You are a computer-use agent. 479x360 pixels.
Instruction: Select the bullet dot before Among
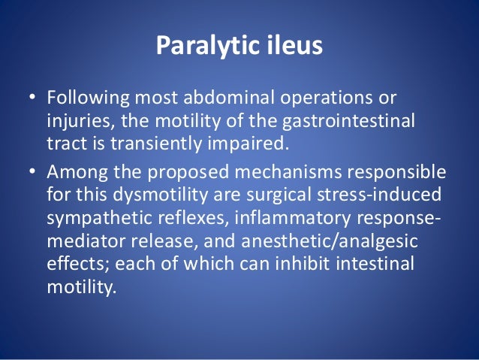tap(32, 174)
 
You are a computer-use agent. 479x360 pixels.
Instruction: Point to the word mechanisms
tap(270, 174)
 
